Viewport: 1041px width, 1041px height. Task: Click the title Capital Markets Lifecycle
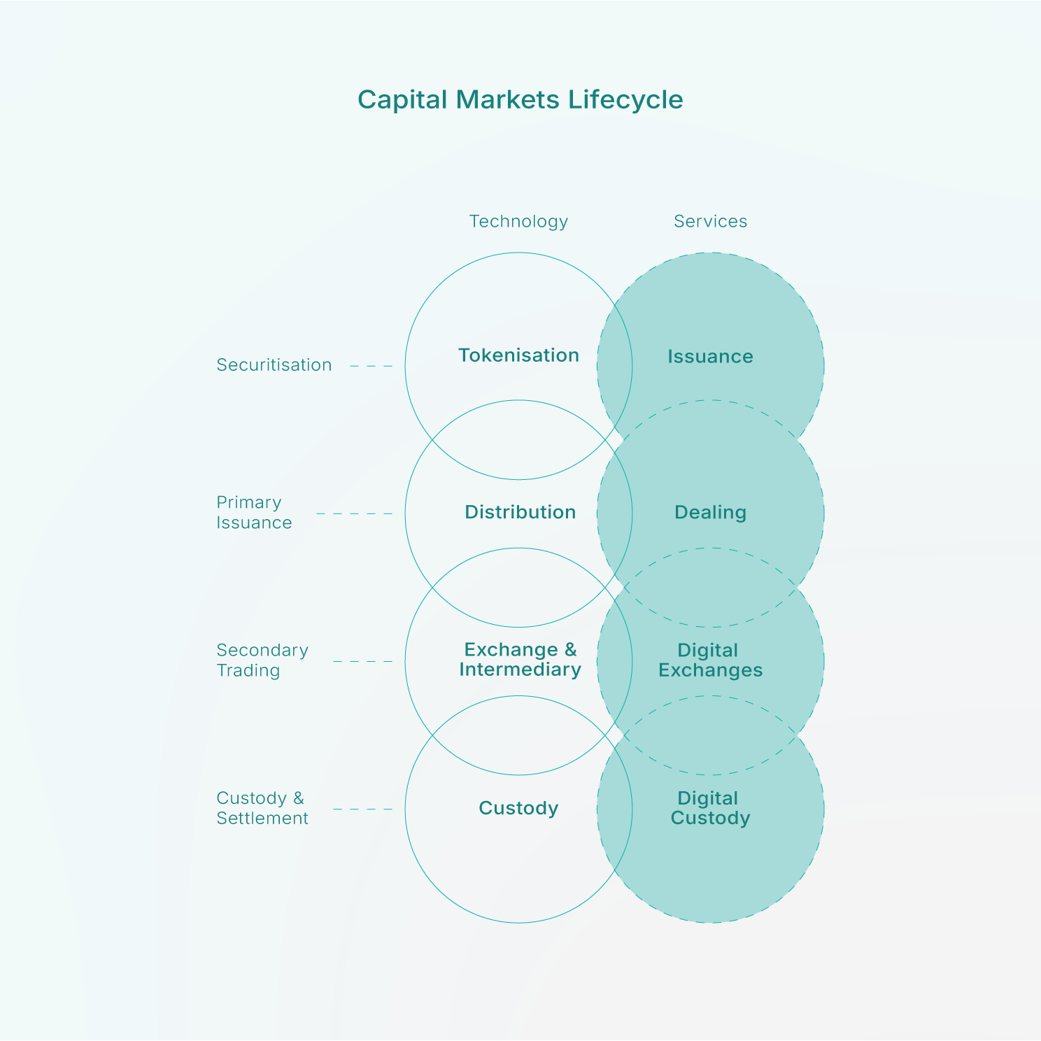coord(520,99)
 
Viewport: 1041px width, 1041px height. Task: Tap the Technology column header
coord(518,221)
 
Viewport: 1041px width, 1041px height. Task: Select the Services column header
coord(710,221)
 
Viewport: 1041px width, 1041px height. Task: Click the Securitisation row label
coord(274,365)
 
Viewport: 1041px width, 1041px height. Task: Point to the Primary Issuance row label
coord(254,513)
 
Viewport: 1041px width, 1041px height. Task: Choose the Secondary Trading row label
coord(262,660)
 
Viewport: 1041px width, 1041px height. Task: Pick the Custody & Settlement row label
coord(262,808)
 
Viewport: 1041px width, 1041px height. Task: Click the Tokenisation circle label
coord(518,355)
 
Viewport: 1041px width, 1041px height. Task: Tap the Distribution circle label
coord(520,512)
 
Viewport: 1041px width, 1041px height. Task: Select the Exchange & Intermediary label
coord(520,660)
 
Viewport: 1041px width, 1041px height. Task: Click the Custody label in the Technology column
coord(518,808)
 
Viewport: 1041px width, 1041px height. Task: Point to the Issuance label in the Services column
coord(710,357)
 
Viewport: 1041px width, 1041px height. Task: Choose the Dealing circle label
coord(710,513)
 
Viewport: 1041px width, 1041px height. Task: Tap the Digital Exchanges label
coord(710,660)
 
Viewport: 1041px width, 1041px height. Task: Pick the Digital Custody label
coord(710,808)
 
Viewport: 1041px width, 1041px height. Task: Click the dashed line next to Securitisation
coord(371,366)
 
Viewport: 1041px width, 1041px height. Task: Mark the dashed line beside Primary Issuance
coord(354,514)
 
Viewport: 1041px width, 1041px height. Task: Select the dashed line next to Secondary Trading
coord(362,661)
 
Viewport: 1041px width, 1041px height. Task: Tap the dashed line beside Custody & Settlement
coord(362,809)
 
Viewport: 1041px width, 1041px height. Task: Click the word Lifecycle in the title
coord(625,99)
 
